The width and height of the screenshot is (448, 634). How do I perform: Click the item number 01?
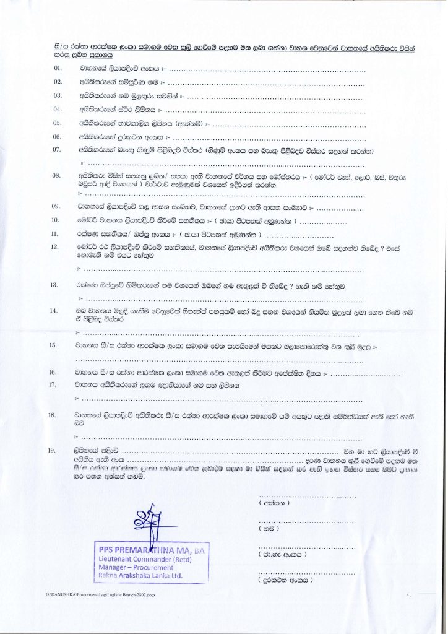(58, 67)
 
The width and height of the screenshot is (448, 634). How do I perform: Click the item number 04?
(58, 109)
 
